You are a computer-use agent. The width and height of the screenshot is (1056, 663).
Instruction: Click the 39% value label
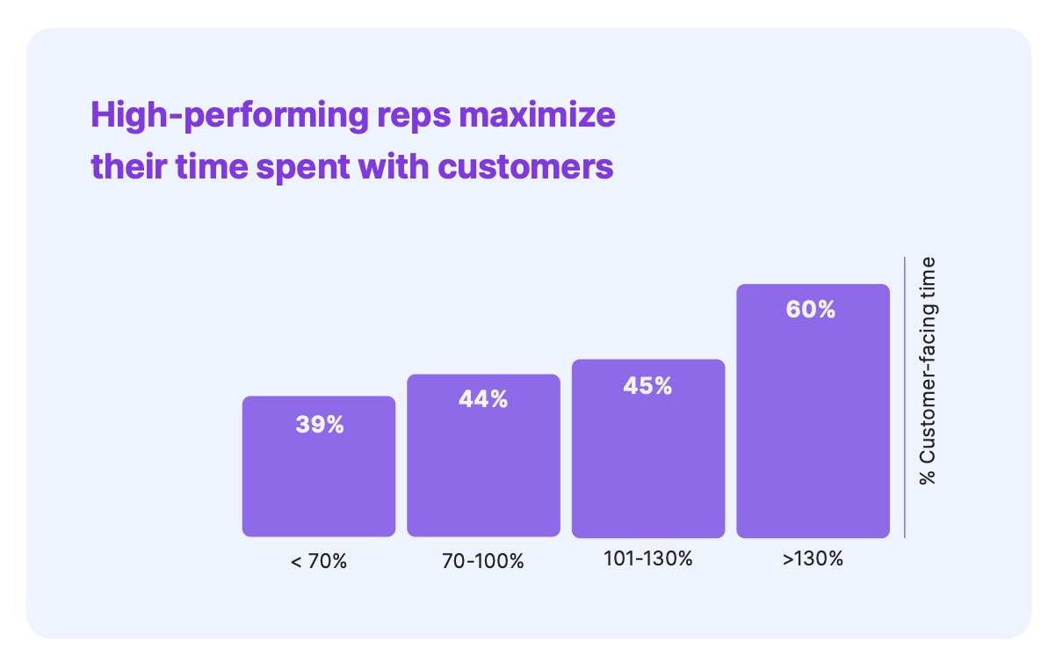pos(319,425)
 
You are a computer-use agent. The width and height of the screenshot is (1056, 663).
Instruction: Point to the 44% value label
pos(483,399)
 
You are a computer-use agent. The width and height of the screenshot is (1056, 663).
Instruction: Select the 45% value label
pos(647,385)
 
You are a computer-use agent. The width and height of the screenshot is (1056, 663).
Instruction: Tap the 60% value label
pos(812,310)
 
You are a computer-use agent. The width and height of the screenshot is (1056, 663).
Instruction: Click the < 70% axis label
pos(318,561)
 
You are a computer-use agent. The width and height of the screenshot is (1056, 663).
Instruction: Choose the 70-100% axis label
pos(483,561)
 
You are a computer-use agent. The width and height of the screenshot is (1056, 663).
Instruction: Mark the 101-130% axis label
pos(647,558)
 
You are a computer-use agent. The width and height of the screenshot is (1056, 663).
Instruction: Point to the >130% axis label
pos(813,558)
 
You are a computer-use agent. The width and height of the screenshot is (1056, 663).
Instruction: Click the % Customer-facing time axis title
pos(928,370)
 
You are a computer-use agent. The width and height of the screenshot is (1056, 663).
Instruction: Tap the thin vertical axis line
pos(904,397)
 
